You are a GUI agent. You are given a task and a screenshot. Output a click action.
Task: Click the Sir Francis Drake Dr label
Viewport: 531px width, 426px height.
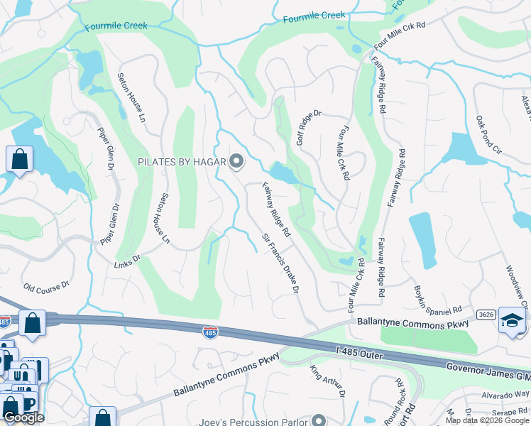(281, 264)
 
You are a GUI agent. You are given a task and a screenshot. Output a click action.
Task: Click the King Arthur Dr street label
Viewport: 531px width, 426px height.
(327, 381)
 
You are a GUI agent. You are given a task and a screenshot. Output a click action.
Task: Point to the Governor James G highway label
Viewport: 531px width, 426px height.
(488, 371)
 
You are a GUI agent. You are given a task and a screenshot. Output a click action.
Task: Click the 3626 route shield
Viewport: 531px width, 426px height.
(486, 314)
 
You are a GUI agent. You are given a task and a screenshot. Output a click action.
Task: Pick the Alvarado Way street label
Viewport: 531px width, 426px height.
(505, 395)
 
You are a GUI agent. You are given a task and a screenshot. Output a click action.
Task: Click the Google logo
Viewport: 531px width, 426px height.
(23, 417)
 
